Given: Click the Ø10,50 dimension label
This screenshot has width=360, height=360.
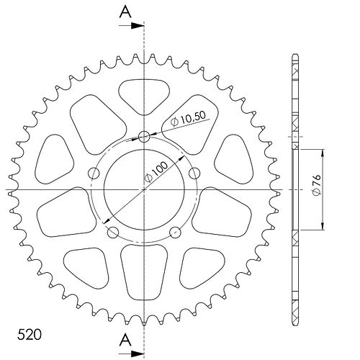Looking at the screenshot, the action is (189, 119).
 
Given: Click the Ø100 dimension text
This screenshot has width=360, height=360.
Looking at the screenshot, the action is (156, 172).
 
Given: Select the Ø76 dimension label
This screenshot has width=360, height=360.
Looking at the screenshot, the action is (317, 184).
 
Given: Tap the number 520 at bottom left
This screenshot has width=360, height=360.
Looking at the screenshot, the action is (30, 335).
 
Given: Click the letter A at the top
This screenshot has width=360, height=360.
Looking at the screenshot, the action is (125, 12).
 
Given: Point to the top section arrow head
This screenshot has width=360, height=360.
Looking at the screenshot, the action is (138, 26).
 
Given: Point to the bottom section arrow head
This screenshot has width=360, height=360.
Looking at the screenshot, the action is (138, 354).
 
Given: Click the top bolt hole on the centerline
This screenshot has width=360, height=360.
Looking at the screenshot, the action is (144, 137).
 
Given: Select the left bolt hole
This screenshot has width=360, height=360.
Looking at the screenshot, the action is (94, 174).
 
